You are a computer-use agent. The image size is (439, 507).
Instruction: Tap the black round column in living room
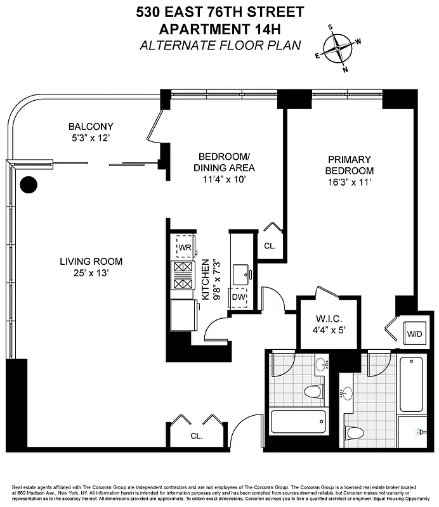tap(29, 184)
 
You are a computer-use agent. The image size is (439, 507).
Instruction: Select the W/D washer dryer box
tap(414, 333)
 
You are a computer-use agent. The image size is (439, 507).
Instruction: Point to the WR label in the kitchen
tap(185, 247)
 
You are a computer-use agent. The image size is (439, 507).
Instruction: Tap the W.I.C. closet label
tap(325, 319)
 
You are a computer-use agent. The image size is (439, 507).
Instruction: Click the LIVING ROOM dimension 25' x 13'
tap(91, 273)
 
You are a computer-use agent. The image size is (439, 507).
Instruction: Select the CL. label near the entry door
tap(196, 436)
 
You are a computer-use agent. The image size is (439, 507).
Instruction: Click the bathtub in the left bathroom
tap(298, 421)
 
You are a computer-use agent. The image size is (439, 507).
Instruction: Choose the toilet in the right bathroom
tap(355, 433)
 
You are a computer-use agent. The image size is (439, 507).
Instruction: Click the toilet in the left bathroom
tap(314, 392)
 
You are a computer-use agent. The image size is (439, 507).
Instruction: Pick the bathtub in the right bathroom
tap(411, 385)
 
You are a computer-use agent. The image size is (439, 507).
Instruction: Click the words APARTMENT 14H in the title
tap(219, 29)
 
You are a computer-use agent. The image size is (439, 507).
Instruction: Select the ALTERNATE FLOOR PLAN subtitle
tap(219, 44)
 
